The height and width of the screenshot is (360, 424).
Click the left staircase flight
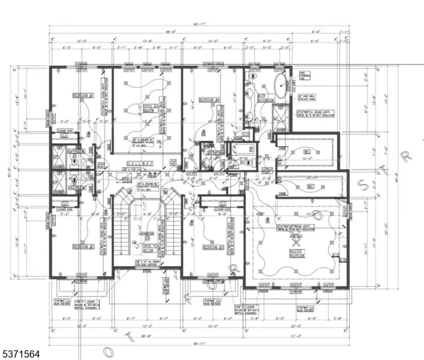point(124,226)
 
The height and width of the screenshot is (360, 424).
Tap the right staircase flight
point(171,226)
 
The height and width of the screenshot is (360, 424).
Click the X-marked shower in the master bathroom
point(281,115)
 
